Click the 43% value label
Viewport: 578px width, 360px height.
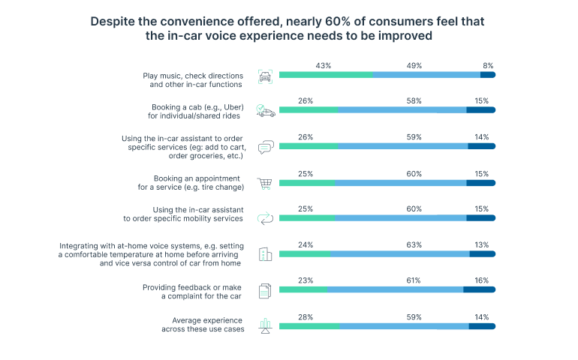(324, 66)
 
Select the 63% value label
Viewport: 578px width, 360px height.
(414, 244)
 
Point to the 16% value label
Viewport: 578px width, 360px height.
(481, 280)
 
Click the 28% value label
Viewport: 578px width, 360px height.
(305, 316)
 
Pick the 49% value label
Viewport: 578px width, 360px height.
(414, 66)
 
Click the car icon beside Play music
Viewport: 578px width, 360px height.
(265, 76)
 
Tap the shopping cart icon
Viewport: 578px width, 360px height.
(265, 184)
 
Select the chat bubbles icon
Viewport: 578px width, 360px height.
(265, 147)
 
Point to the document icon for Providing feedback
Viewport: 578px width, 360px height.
(265, 291)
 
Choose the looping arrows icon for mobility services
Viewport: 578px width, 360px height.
(265, 218)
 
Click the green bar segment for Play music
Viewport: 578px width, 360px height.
(326, 74)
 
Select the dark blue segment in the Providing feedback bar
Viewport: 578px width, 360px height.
(479, 289)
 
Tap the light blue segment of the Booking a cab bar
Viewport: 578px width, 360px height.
(402, 110)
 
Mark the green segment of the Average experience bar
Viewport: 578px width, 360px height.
(309, 326)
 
